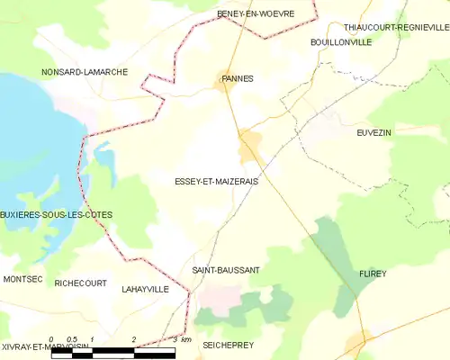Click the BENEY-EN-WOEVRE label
tap(251, 13)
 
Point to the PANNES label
tap(237, 78)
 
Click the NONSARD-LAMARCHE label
tap(85, 71)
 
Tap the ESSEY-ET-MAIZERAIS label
tap(217, 182)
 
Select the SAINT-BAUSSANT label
tap(226, 270)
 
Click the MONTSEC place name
tap(22, 280)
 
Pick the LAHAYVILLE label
tap(145, 290)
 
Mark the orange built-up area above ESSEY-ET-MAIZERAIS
tap(249, 141)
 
